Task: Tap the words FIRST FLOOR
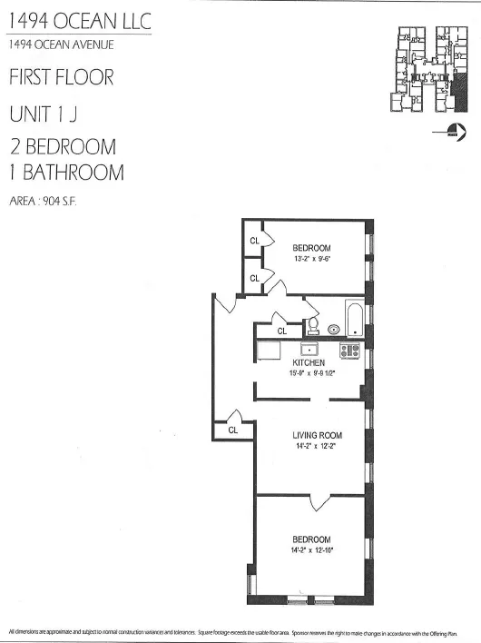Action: (x=61, y=77)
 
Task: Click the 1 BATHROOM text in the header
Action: (x=66, y=172)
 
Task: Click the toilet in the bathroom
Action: (x=312, y=324)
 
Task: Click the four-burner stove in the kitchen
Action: (x=349, y=350)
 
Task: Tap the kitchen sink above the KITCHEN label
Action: (x=309, y=349)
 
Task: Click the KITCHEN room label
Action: (x=309, y=362)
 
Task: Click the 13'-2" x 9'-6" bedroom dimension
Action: (x=311, y=259)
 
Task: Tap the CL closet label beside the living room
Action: (x=233, y=430)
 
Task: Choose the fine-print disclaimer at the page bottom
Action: (x=240, y=630)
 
